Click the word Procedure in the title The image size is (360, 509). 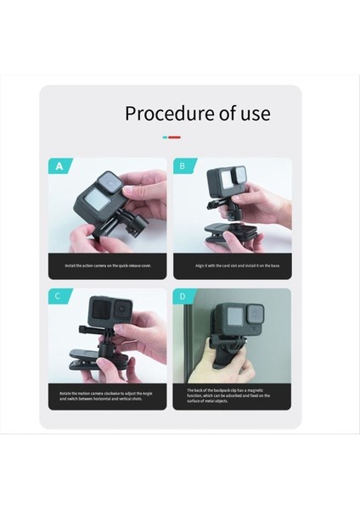tap(166, 113)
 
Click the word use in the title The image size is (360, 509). tap(252, 113)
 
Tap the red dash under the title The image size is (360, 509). tap(175, 137)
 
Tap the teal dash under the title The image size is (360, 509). tap(166, 137)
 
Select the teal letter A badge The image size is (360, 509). tap(59, 166)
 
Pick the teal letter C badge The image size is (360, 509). tap(58, 296)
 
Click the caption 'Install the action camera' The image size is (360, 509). tap(107, 266)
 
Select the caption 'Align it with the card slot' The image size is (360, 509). tap(232, 266)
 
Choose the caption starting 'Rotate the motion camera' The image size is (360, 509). tap(107, 395)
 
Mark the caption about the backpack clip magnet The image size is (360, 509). tap(232, 395)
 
